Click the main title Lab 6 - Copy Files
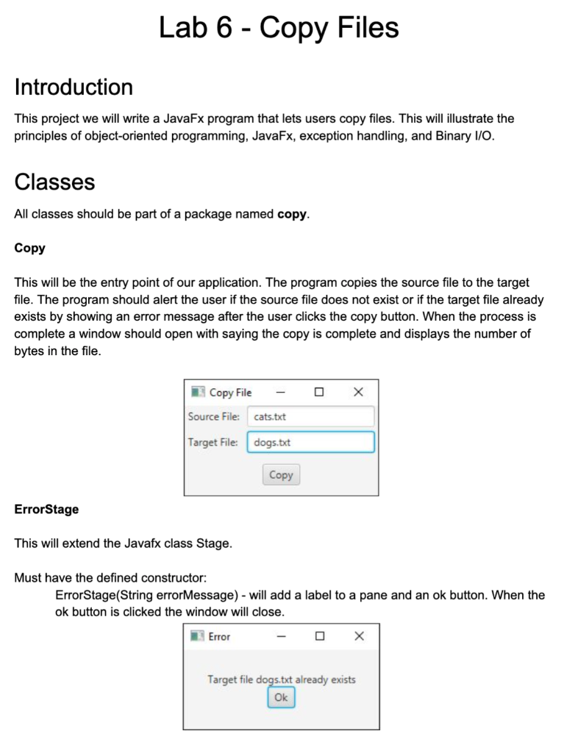click(279, 28)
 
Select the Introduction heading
click(74, 88)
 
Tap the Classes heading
click(54, 182)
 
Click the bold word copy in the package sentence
click(292, 215)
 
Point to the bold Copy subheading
click(29, 248)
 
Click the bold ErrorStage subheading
click(46, 509)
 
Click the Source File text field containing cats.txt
click(310, 417)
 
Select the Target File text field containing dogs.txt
click(310, 443)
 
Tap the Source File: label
click(214, 417)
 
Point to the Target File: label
click(213, 443)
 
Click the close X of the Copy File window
click(358, 393)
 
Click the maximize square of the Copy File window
click(319, 393)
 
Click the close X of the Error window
click(359, 636)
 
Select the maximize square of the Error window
click(320, 636)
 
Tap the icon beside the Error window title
click(197, 636)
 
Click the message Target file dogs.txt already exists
click(281, 679)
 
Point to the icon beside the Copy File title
click(197, 393)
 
